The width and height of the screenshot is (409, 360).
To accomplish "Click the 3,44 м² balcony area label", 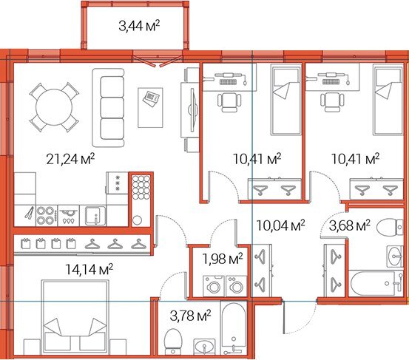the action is pos(139,26).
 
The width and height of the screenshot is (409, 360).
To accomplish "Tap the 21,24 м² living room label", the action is pos(70,159).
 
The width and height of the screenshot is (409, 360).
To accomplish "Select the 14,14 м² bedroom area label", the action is pos(89,269).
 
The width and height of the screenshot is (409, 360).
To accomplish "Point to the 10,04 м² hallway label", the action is pos(280,225).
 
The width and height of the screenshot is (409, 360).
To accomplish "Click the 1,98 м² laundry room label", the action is pos(223,259).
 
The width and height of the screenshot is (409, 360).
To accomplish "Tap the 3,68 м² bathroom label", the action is pos(350,225).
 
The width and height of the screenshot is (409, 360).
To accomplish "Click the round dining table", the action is pos(54,107).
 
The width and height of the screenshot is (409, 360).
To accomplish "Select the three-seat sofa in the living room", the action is pos(108,107).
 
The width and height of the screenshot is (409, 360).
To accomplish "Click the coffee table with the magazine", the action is pos(150,108).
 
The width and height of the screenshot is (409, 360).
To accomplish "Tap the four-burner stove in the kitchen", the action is pos(47,216).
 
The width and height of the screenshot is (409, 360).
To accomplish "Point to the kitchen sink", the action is pos(95,216).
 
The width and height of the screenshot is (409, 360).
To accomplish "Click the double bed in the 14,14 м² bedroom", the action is pos(75,316).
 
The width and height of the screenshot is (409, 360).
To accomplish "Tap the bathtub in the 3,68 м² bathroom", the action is pos(376,284).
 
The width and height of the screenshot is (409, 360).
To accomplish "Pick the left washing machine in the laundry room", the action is pos(214,286).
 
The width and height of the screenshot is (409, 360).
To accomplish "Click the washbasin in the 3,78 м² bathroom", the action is pos(204,347).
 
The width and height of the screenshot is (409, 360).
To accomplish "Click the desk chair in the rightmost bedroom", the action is pos(332,102).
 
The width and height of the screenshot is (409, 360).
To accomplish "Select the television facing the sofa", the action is pos(192,109).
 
